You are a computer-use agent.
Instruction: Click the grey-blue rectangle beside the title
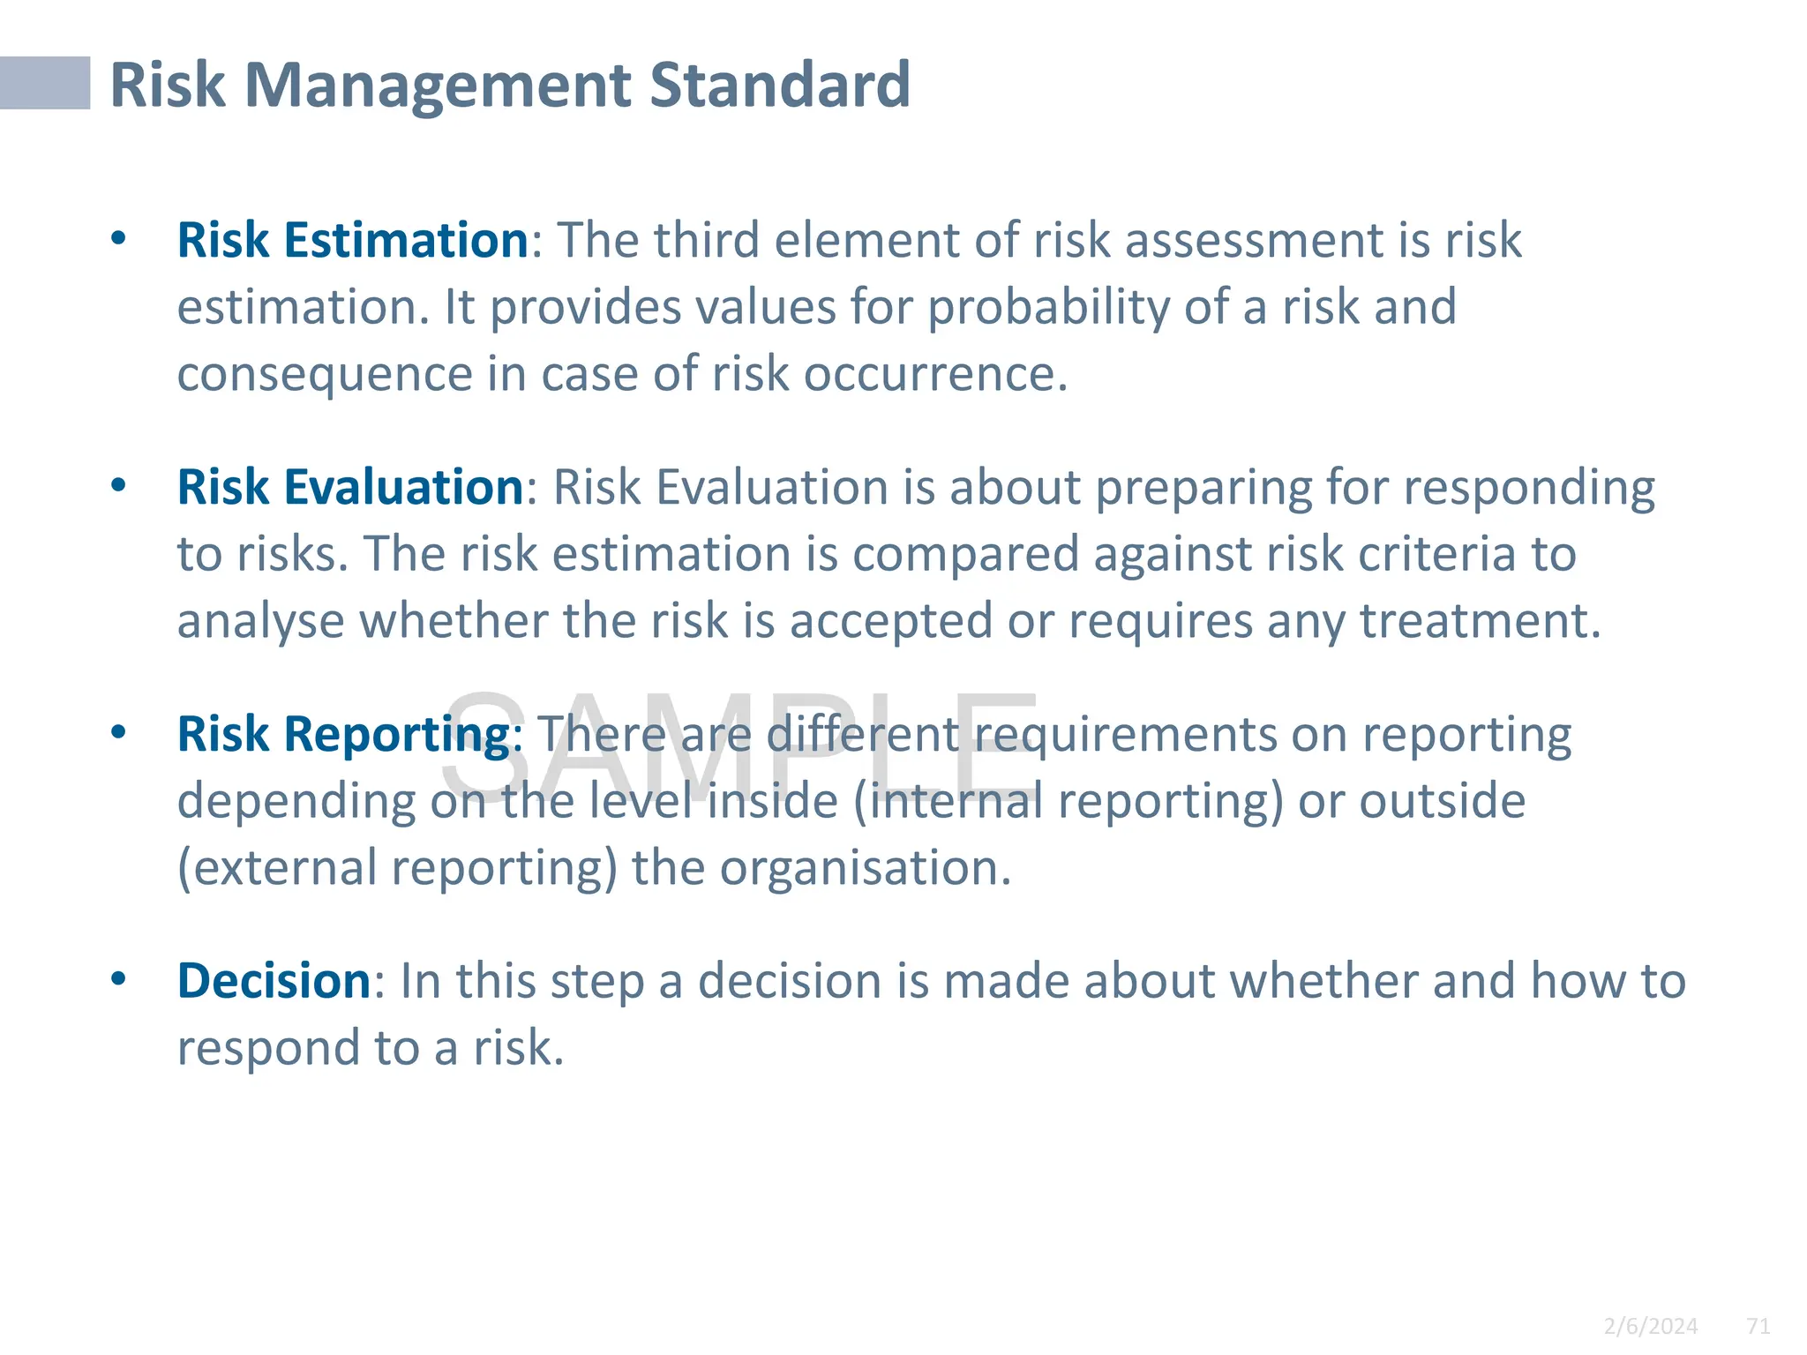coord(45,83)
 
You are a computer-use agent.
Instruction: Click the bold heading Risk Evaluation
coord(351,487)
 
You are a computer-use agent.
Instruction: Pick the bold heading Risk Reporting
coord(343,734)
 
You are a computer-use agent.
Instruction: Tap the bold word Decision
coord(274,981)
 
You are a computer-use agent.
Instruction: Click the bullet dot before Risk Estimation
coord(119,238)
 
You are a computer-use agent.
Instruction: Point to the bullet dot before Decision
coord(119,979)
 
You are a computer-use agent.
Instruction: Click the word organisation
coord(865,868)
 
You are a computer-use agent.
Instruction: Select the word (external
coord(278,868)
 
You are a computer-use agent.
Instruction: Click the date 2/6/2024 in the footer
coord(1650,1326)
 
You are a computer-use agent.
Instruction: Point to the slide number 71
coord(1758,1326)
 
